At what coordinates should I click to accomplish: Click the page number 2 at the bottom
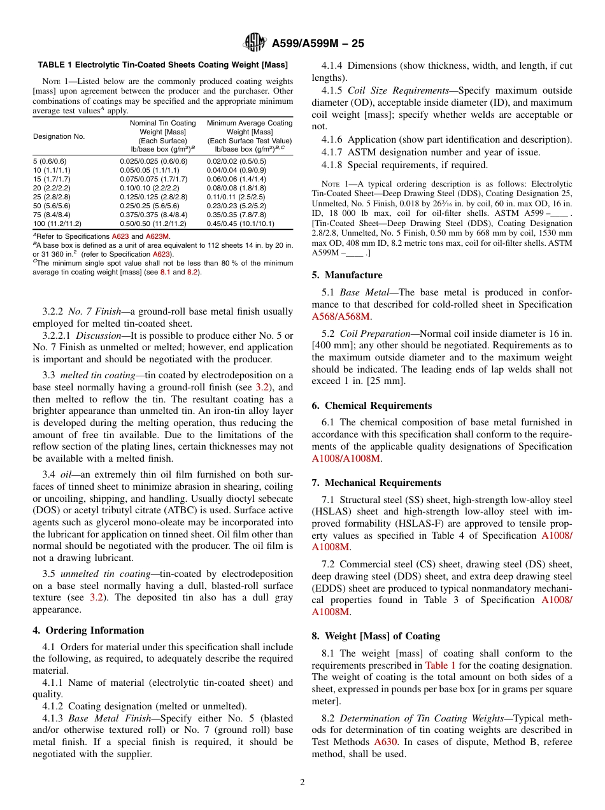[302, 783]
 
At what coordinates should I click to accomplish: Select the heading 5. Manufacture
[347, 275]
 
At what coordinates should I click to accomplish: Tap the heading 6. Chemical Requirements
[371, 406]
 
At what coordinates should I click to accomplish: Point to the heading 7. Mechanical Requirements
[376, 483]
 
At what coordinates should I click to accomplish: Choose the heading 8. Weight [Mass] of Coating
[376, 636]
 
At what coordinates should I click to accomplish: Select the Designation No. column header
[59, 136]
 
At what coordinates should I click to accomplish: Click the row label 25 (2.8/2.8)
[52, 197]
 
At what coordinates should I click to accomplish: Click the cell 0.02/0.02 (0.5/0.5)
[236, 162]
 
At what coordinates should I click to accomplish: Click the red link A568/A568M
[341, 316]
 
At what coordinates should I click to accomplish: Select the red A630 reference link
[385, 742]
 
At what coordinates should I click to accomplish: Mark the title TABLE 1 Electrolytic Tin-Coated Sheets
[162, 64]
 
